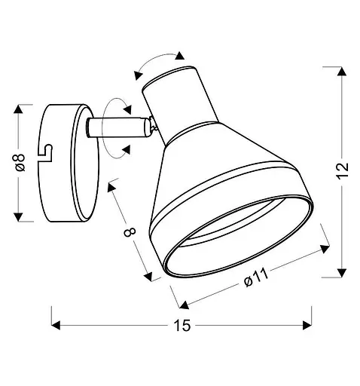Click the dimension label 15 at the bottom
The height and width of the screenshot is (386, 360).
click(x=182, y=326)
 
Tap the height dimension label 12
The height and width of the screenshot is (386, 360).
click(x=342, y=171)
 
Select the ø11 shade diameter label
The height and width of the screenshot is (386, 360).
click(x=256, y=277)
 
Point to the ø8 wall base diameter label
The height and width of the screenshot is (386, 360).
click(x=20, y=162)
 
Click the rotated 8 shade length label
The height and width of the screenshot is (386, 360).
click(x=130, y=232)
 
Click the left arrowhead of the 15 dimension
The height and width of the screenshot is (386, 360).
click(x=56, y=325)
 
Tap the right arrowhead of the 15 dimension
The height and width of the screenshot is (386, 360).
click(x=307, y=325)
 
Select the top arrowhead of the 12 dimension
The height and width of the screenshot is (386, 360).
click(x=342, y=72)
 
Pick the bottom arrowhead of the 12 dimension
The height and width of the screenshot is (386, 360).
click(x=342, y=273)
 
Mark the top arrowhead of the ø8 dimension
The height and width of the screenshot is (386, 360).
click(x=18, y=109)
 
